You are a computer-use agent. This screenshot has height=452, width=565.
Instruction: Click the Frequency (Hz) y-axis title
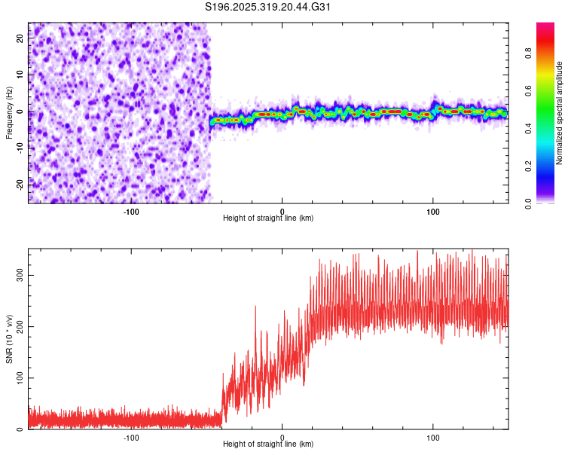[x=9, y=113]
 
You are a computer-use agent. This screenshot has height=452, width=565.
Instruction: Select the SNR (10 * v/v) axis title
[x=9, y=339]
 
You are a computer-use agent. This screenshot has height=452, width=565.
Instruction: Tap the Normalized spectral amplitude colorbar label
[x=559, y=113]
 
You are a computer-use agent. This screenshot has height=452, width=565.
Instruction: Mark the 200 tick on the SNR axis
[x=20, y=326]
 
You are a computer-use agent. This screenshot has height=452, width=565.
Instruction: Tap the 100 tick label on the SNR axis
[x=20, y=377]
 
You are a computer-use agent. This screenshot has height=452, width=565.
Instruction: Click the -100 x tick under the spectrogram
[x=132, y=210]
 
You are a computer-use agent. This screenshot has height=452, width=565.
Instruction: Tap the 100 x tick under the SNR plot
[x=433, y=436]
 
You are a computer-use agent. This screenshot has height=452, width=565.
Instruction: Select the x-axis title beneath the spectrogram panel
[x=267, y=218]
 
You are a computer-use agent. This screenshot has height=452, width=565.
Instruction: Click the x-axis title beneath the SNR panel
[x=267, y=444]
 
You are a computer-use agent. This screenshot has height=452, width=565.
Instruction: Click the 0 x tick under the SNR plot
[x=282, y=436]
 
